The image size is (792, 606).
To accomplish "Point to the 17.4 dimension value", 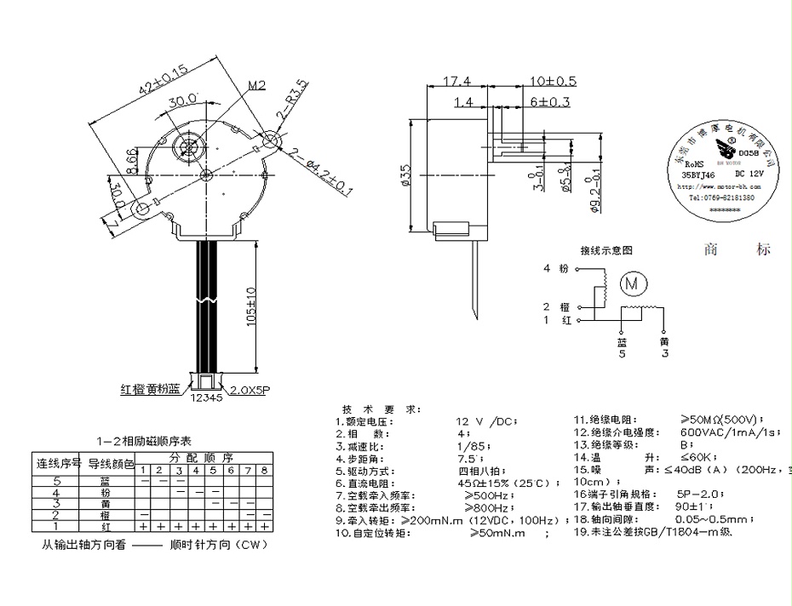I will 457,81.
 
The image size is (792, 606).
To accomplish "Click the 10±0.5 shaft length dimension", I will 553,81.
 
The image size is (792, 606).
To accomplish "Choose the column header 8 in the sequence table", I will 264,471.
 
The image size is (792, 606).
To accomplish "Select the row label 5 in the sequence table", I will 56,482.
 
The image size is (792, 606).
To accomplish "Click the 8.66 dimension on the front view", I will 130,159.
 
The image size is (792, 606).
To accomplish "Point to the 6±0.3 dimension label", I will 549,102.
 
